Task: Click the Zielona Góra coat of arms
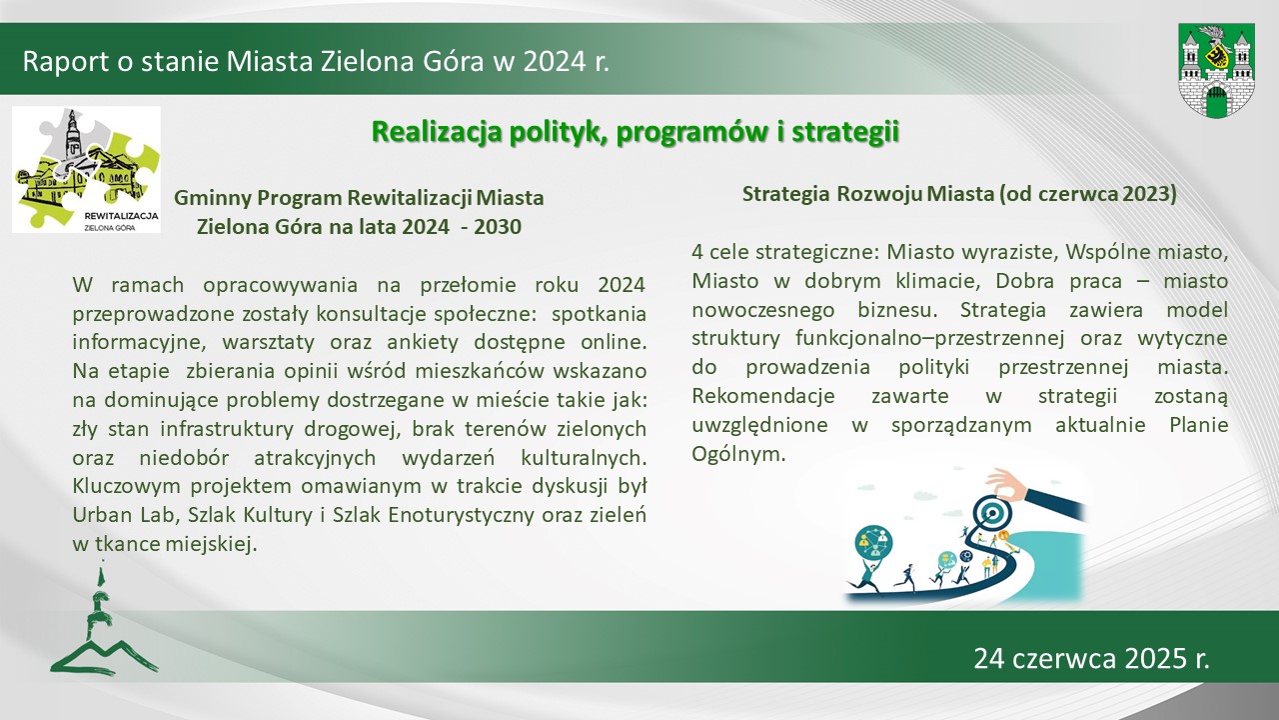click(1216, 70)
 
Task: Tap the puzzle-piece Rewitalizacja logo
click(86, 170)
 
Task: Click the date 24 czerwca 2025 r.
click(1091, 658)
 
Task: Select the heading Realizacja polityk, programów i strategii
click(635, 132)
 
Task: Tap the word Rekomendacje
click(763, 396)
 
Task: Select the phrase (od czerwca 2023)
click(1088, 195)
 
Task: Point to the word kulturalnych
click(584, 458)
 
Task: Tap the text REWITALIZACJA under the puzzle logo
click(121, 216)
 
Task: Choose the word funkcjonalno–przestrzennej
click(930, 339)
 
